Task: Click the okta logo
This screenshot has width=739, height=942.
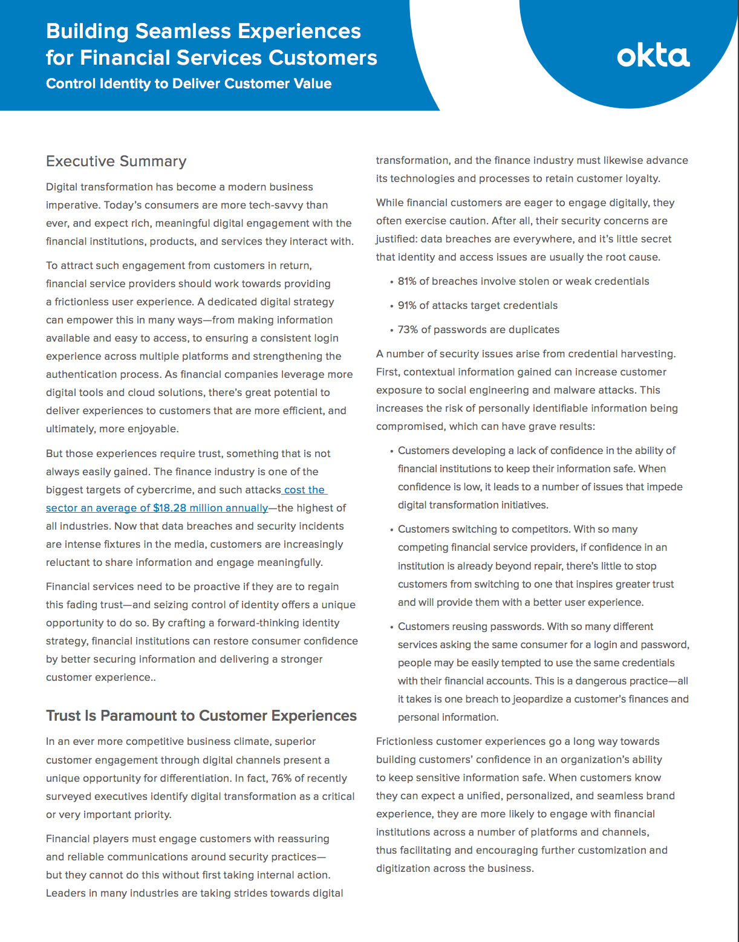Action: pos(653,56)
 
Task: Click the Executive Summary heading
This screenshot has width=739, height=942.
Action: pos(116,161)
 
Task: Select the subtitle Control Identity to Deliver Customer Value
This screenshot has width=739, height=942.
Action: pos(189,83)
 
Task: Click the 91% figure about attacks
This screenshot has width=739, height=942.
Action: pos(407,305)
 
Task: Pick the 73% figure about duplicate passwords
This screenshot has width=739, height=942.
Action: pos(408,330)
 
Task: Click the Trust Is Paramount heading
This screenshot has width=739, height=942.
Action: pos(201,716)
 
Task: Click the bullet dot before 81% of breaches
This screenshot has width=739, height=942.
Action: pos(391,282)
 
